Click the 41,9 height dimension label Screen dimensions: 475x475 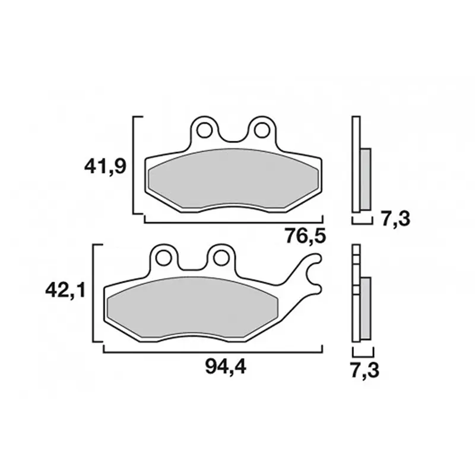point(105,167)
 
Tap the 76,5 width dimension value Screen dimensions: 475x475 point(305,236)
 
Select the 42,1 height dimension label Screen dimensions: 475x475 point(66,291)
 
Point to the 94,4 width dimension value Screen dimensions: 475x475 point(226,367)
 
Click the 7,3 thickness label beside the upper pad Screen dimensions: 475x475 point(395,218)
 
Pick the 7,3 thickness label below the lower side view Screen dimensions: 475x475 point(365,370)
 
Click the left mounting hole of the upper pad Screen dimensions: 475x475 point(204,131)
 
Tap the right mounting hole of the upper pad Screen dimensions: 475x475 point(262,131)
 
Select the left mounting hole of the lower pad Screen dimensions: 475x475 point(163,258)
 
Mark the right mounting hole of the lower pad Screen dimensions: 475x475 point(220,258)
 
